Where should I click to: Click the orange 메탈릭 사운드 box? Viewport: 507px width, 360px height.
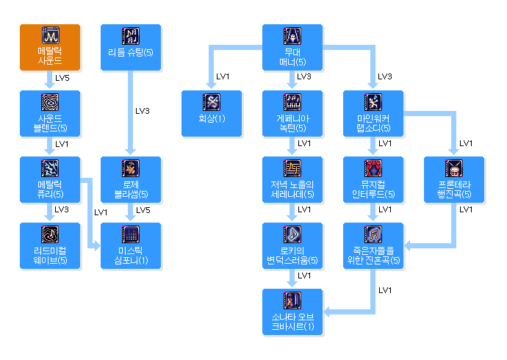50,47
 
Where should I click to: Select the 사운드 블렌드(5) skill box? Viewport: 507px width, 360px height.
50,113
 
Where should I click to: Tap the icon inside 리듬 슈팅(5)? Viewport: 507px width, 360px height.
131,36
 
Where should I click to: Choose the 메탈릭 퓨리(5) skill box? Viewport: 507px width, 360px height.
50,179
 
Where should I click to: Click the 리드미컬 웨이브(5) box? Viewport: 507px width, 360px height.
50,245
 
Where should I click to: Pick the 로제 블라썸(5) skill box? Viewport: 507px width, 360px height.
131,179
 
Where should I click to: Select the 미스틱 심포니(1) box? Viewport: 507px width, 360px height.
131,245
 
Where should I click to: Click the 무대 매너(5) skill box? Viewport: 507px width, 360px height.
292,47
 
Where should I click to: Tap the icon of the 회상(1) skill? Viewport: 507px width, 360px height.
212,102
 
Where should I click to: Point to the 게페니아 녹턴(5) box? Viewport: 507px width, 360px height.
292,113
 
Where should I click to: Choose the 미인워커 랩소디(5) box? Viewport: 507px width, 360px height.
373,113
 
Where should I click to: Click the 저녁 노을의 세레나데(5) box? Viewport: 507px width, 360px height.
292,179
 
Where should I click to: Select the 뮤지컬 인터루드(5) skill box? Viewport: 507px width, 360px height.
373,179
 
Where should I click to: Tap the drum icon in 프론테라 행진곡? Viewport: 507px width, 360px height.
454,168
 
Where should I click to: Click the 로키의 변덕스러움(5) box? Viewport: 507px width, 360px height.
292,245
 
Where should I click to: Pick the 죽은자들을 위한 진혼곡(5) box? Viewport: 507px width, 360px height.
373,245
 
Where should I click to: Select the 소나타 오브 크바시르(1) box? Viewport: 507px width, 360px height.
292,312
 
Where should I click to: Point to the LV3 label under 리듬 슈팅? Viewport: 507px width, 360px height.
143,111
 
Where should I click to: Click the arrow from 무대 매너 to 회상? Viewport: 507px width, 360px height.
212,66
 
